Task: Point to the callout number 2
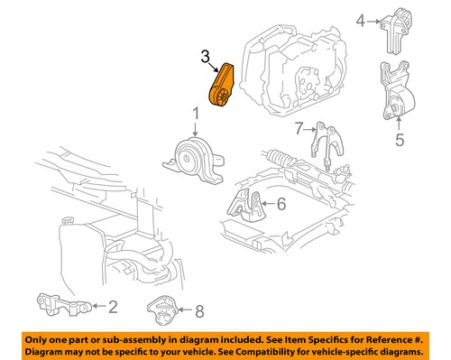[x=112, y=307]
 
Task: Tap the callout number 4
[x=361, y=19]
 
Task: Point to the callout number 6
[x=281, y=205]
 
